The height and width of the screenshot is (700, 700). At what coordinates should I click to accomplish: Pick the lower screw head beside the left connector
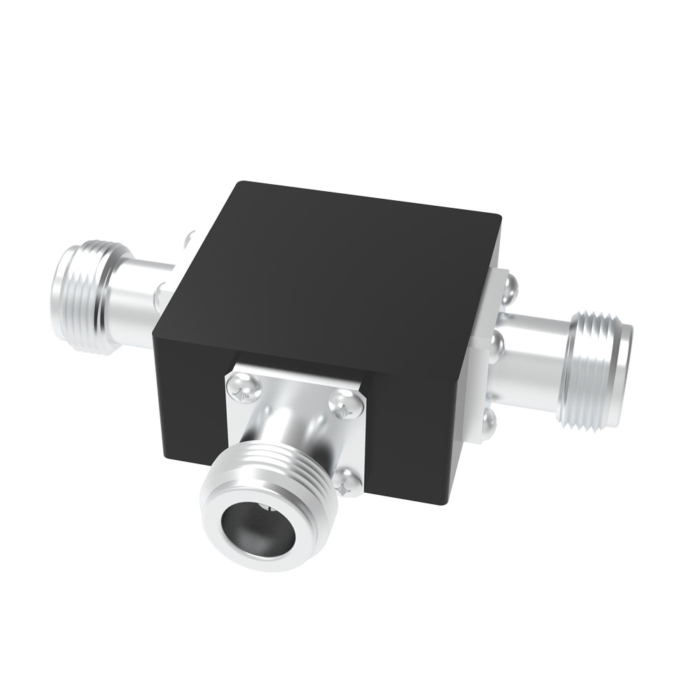tap(161, 293)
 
